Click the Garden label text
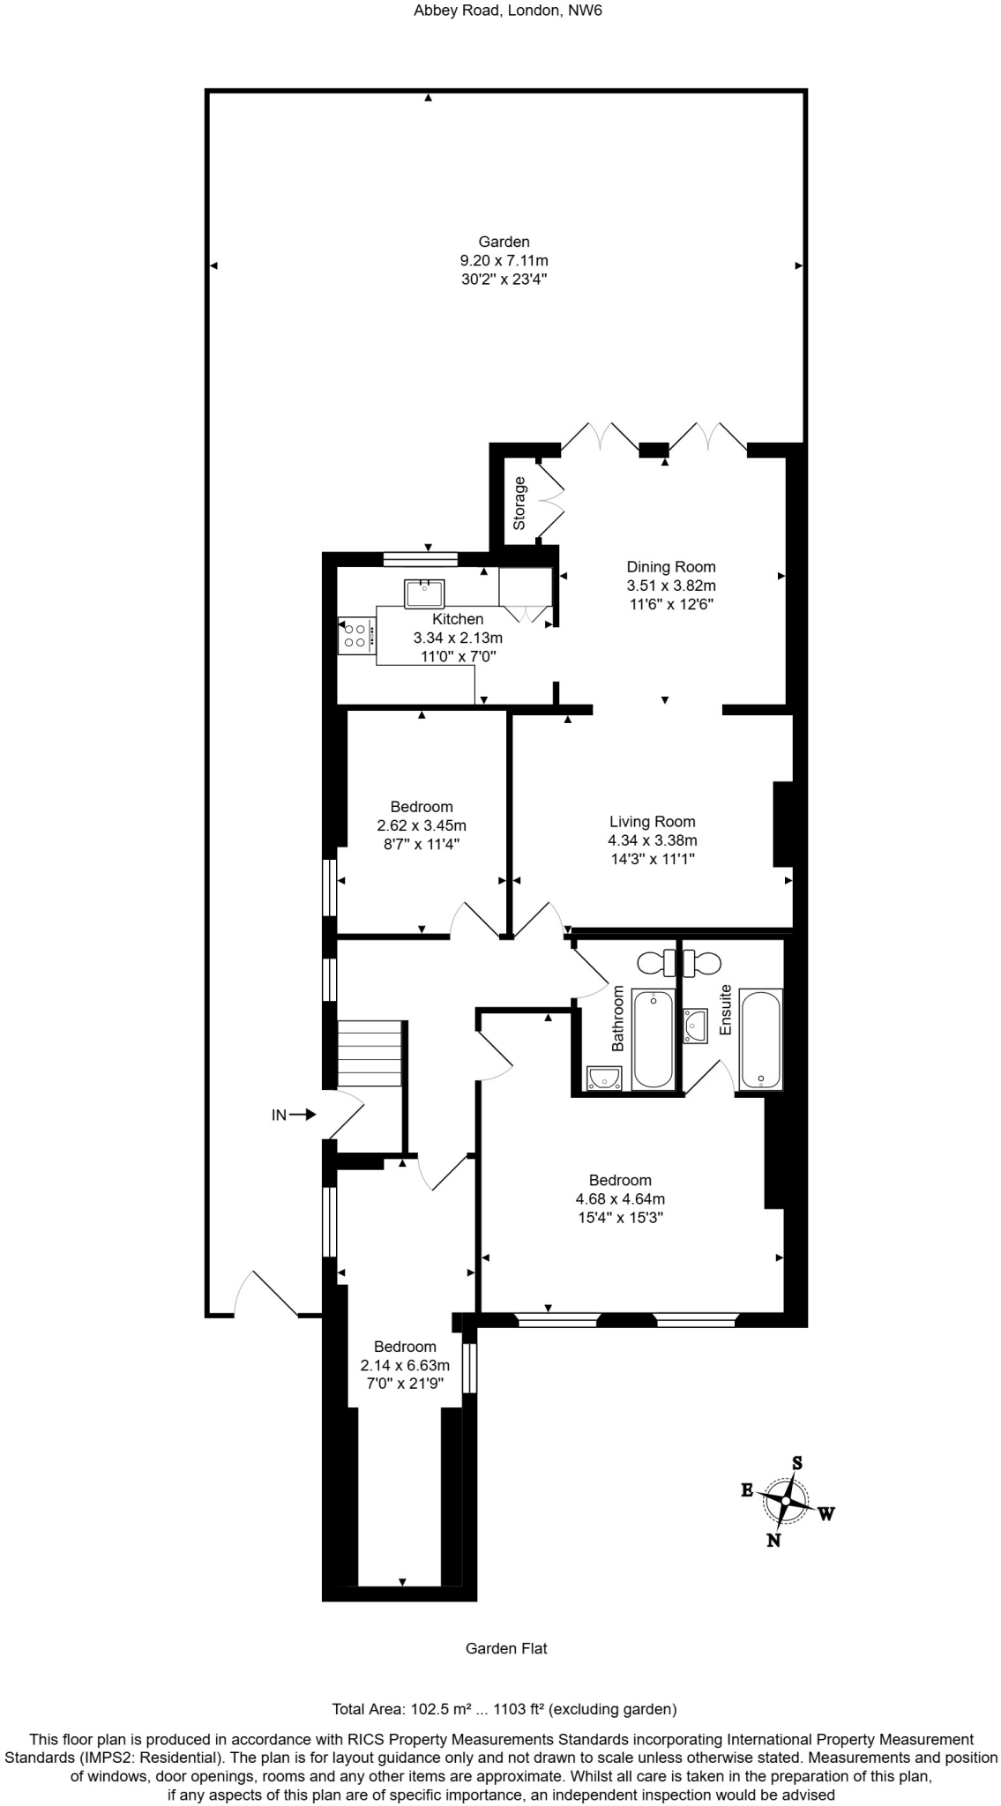[x=504, y=242]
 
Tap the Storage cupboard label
[x=519, y=503]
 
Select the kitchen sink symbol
[x=424, y=593]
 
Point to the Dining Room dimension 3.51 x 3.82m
[x=670, y=586]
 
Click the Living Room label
[x=652, y=822]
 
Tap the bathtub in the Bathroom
[x=654, y=1038]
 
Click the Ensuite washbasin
[x=696, y=1026]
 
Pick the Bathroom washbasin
[x=603, y=1078]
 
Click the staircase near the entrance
[x=370, y=1054]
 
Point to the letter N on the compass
[x=773, y=1541]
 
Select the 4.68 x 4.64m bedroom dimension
[x=620, y=1199]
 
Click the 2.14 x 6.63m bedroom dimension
[x=405, y=1365]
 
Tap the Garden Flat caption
[x=505, y=1648]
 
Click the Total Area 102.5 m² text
[x=504, y=1710]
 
